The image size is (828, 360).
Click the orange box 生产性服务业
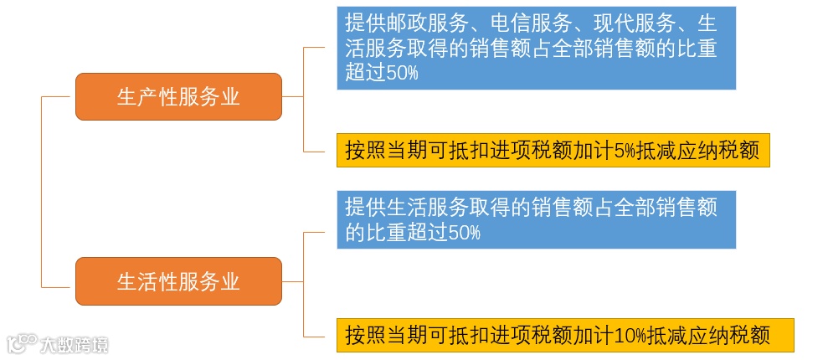tap(178, 97)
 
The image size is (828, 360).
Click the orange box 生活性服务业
tap(178, 281)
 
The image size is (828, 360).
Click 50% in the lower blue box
tap(465, 232)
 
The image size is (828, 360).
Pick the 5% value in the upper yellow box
tap(625, 152)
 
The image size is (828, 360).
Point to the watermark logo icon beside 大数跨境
tap(22, 343)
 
